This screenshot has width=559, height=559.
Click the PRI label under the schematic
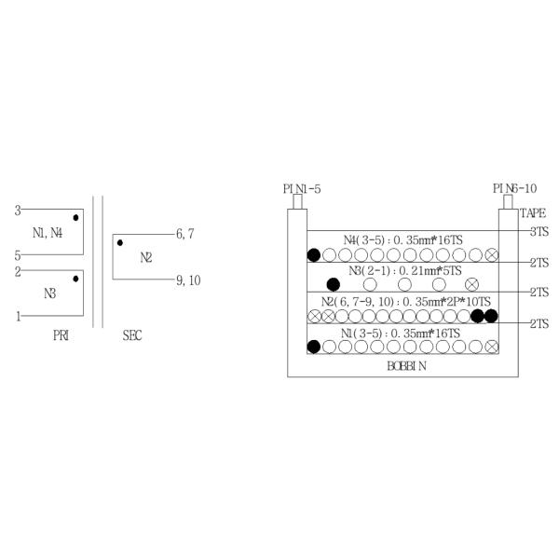(x=61, y=335)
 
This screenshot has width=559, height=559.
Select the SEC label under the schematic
(x=132, y=335)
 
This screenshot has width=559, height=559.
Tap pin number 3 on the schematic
(x=18, y=211)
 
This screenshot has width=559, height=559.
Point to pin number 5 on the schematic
(x=18, y=255)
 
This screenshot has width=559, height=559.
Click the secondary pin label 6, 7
(x=185, y=234)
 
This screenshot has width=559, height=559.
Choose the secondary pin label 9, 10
(x=188, y=280)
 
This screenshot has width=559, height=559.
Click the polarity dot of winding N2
(x=120, y=243)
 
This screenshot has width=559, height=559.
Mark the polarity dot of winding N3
(x=75, y=279)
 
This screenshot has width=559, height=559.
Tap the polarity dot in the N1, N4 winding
(x=75, y=217)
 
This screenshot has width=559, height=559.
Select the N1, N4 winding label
(x=48, y=233)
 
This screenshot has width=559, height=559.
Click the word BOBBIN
(x=406, y=366)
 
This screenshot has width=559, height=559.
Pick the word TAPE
(x=533, y=213)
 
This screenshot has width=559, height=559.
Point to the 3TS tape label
(x=539, y=232)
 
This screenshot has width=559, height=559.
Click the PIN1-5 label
(x=302, y=188)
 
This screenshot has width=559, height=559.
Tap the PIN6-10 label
(x=515, y=188)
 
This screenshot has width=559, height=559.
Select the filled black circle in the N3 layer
(x=334, y=284)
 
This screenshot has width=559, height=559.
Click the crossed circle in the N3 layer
(x=472, y=284)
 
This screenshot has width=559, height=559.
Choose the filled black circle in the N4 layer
(x=314, y=255)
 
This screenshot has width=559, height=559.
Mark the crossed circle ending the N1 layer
(x=492, y=347)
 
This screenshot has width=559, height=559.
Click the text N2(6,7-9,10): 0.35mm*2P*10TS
(x=406, y=302)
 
